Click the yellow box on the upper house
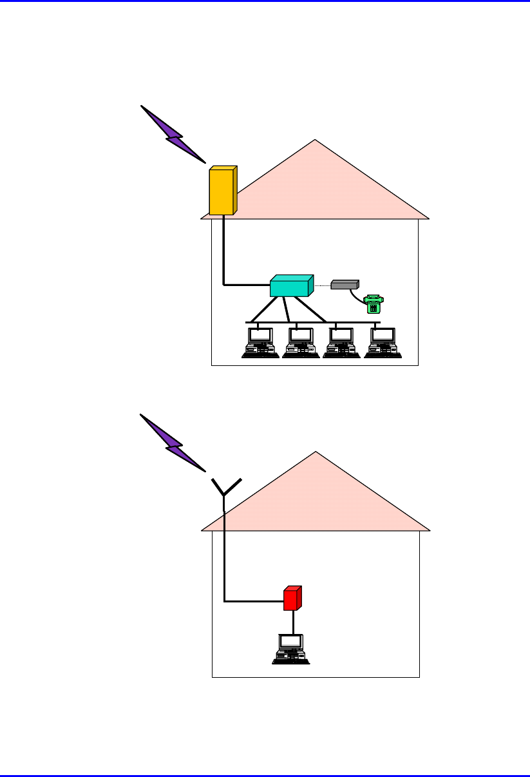(x=222, y=191)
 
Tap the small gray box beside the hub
(x=345, y=284)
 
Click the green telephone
(x=373, y=303)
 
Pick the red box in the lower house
(x=292, y=599)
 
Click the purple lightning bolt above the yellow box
(x=173, y=134)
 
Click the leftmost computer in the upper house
(x=260, y=343)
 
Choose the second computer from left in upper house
(x=300, y=343)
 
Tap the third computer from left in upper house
(x=341, y=343)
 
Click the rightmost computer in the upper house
(x=383, y=343)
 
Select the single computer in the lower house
(x=290, y=649)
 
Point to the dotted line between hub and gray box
(x=322, y=284)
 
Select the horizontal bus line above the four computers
(x=361, y=321)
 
